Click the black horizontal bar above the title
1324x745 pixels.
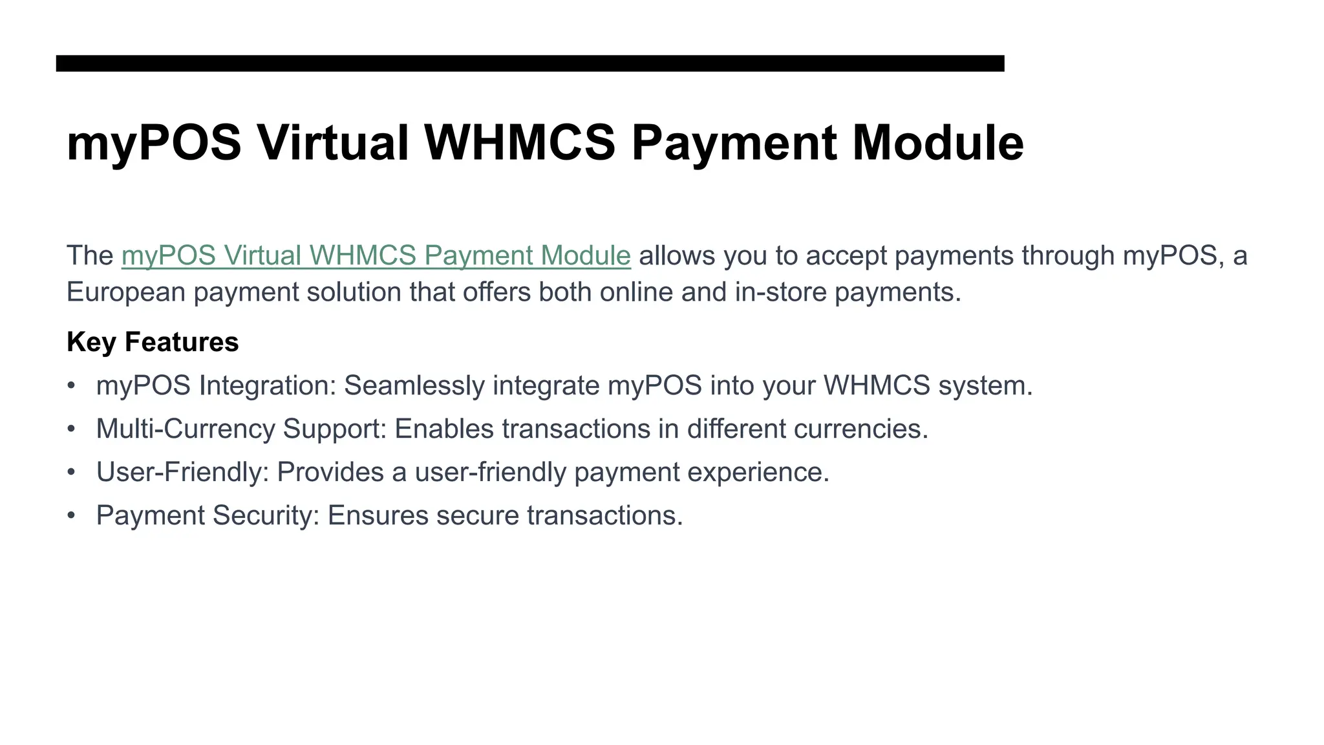[x=530, y=63]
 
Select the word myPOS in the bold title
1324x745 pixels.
[x=154, y=144]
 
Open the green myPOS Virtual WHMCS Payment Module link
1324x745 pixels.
[x=376, y=255]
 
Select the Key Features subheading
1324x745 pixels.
[x=153, y=342]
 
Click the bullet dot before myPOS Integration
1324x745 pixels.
[x=71, y=386]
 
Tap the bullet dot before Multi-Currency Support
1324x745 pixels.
[x=71, y=429]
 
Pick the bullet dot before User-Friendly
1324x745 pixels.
[x=71, y=473]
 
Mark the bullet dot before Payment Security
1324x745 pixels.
[x=71, y=516]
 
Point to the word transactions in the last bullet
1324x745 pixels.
[x=604, y=516]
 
